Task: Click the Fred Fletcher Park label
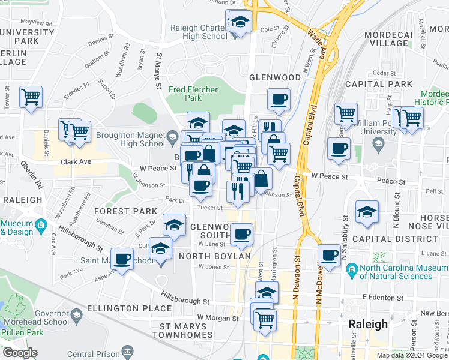pos(193,94)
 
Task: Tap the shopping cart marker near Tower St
pos(31,97)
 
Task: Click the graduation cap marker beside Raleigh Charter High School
pos(240,23)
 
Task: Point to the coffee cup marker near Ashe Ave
pos(122,259)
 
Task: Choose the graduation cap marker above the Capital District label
pos(367,212)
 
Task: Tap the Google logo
pos(19,353)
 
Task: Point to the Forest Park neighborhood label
pos(126,211)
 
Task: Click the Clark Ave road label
pos(75,162)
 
